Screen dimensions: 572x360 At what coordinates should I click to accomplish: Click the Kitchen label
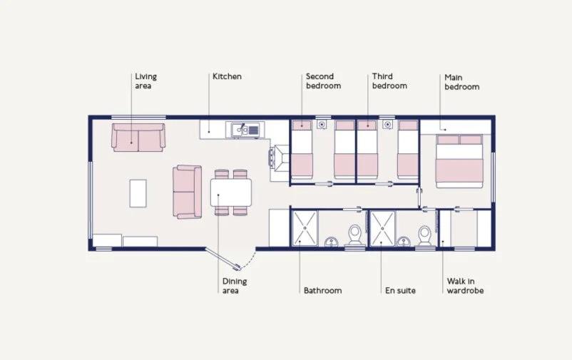(x=227, y=76)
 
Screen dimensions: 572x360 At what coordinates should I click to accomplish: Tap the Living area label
(x=145, y=81)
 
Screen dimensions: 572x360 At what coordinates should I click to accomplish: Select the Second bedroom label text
(x=323, y=81)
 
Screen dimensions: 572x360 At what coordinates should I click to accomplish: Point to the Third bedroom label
(x=389, y=81)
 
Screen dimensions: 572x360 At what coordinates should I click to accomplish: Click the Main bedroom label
(x=462, y=82)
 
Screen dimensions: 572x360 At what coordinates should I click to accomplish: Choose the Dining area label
(x=235, y=286)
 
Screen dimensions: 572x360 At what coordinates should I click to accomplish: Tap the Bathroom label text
(x=322, y=291)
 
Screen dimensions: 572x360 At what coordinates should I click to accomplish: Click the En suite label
(x=400, y=291)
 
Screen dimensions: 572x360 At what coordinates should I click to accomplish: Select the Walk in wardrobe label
(x=465, y=286)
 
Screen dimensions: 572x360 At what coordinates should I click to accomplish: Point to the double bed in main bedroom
(x=459, y=161)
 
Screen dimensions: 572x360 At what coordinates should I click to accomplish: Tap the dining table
(x=231, y=192)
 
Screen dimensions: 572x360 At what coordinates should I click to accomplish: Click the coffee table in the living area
(x=138, y=193)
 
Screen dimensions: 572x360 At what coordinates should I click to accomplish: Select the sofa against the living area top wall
(x=138, y=138)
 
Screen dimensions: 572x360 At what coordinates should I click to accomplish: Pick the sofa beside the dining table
(x=187, y=192)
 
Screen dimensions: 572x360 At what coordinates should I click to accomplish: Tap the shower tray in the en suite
(x=382, y=229)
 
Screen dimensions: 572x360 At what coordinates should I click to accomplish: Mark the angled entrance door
(x=223, y=259)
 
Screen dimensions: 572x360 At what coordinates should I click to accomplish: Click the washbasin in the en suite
(x=404, y=242)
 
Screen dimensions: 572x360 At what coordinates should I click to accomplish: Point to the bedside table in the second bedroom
(x=322, y=125)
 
